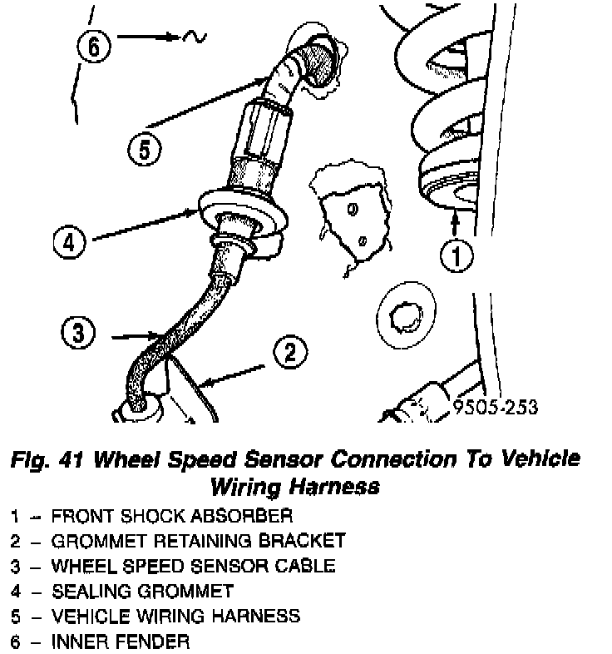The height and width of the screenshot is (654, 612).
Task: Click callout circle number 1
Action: coord(456,254)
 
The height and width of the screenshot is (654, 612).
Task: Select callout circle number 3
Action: coord(78,334)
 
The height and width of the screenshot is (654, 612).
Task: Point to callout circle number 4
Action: coord(70,243)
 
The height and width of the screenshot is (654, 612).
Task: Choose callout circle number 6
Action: coord(93,47)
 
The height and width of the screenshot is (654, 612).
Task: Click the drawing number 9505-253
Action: coord(496,408)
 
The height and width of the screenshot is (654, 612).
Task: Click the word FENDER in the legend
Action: coord(150,642)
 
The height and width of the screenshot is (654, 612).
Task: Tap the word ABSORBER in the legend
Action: coord(247,516)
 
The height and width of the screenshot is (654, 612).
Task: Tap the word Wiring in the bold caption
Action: coord(254,485)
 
